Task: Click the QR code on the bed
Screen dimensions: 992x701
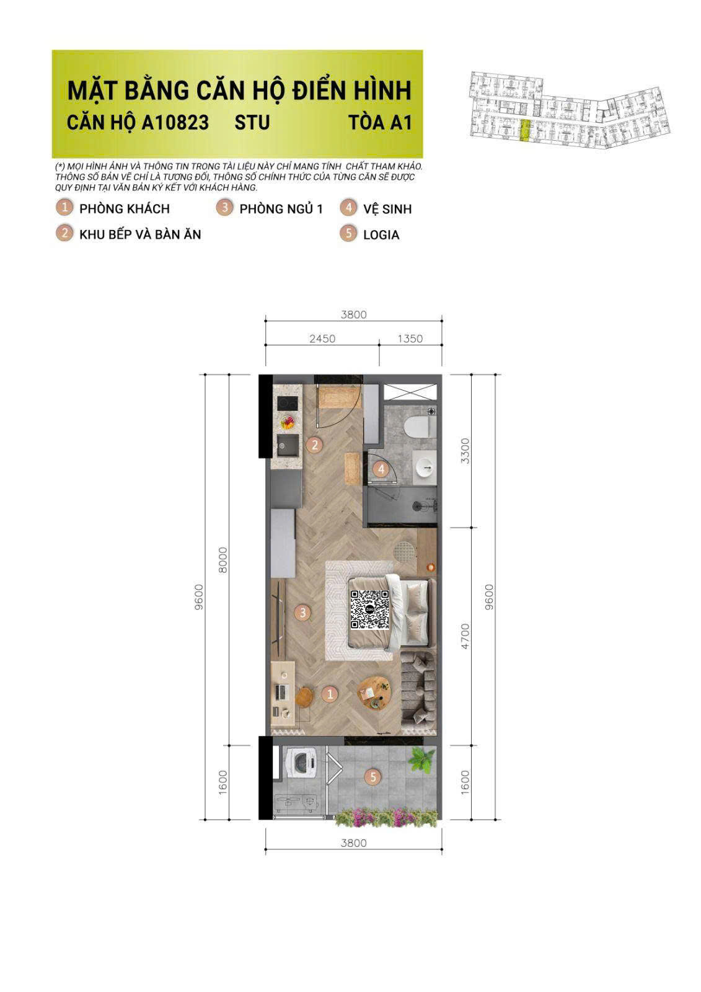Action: [x=370, y=609]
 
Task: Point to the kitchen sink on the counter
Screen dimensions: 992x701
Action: [x=286, y=445]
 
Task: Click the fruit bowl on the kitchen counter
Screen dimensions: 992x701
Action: [x=288, y=423]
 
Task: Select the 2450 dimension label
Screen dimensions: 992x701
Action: [x=322, y=339]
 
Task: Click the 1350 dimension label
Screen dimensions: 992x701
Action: [x=410, y=339]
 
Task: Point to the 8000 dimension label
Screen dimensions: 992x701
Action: [x=224, y=559]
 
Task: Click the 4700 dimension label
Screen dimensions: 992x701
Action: [x=465, y=635]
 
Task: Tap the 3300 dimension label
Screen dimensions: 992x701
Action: [x=465, y=451]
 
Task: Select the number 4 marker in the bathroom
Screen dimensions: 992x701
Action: [x=381, y=469]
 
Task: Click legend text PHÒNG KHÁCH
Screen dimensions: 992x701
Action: [x=124, y=209]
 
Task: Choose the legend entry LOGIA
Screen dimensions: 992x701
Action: [x=381, y=235]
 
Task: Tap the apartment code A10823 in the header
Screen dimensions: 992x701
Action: [x=175, y=122]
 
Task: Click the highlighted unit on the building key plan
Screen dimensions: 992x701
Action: [x=525, y=131]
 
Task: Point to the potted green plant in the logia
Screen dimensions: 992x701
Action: [x=423, y=759]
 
